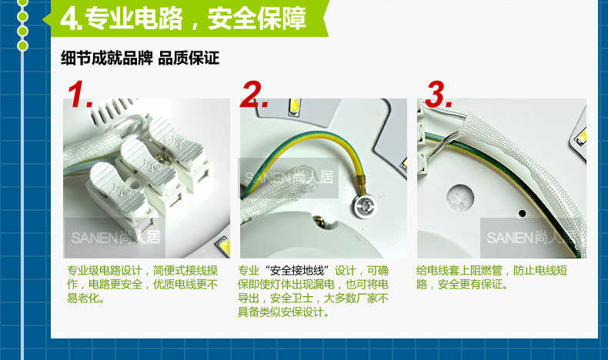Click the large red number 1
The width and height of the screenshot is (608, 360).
(x=79, y=94)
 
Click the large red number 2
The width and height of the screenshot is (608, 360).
(x=255, y=94)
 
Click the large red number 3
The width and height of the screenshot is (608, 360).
(x=439, y=94)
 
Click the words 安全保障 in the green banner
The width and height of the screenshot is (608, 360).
(x=257, y=18)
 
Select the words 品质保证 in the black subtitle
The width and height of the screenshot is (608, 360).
(x=189, y=58)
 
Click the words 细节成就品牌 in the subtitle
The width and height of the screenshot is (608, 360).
(x=107, y=58)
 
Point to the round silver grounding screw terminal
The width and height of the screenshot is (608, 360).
(x=366, y=206)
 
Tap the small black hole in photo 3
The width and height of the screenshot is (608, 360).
(x=522, y=213)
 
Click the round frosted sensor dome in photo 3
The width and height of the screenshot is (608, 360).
(x=459, y=198)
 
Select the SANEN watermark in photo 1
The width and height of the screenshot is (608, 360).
(x=115, y=238)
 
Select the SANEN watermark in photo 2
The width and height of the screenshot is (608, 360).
(x=289, y=178)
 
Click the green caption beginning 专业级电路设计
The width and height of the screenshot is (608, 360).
(x=142, y=284)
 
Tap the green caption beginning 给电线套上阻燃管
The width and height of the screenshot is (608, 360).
(x=492, y=277)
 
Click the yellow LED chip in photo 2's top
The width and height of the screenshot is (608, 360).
(x=294, y=106)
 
